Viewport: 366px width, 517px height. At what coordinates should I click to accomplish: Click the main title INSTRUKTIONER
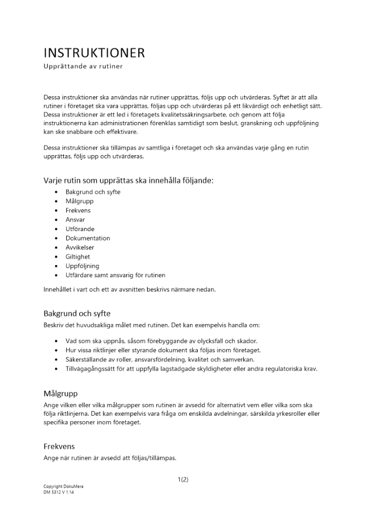(94, 53)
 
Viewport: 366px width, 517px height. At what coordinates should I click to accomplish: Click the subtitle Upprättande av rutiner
(82, 67)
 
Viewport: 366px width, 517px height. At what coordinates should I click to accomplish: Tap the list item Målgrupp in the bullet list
(79, 201)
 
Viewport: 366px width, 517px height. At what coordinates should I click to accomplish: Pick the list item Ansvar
(75, 220)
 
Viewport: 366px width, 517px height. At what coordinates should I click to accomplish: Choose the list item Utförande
(80, 229)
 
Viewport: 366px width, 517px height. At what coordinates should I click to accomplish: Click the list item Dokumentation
(87, 238)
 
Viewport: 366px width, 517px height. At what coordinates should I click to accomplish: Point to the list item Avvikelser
(80, 248)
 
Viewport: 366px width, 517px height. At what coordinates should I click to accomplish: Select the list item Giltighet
(78, 257)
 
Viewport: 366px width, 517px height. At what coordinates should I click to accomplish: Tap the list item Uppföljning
(82, 266)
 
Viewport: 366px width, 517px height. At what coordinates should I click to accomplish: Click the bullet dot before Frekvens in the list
(56, 211)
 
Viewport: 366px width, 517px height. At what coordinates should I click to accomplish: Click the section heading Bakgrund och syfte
(77, 314)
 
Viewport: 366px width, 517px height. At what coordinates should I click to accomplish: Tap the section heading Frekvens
(60, 446)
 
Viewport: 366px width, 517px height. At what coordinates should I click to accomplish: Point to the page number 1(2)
(183, 479)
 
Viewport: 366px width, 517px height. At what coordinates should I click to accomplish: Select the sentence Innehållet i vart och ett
(129, 290)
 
